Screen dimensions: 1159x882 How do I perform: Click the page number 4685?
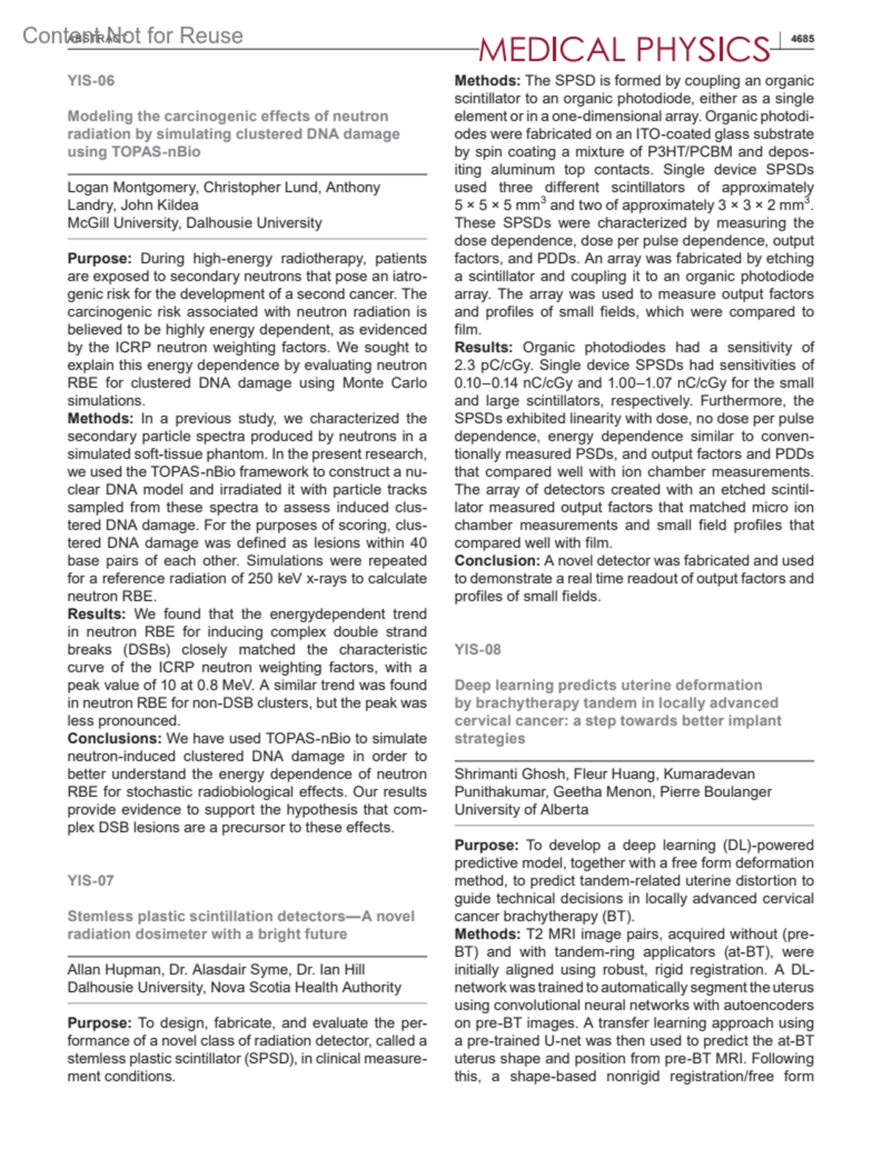coord(802,39)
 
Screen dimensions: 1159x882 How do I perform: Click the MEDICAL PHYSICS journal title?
coord(624,49)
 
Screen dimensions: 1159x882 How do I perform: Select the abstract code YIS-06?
coord(91,81)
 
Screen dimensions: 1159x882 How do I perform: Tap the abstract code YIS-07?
coord(91,881)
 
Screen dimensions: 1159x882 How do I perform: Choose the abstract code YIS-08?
coord(478,649)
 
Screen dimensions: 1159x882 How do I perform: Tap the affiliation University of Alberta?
coord(521,809)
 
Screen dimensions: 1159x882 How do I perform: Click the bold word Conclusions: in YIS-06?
coord(114,738)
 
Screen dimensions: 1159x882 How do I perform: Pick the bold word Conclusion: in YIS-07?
coord(497,560)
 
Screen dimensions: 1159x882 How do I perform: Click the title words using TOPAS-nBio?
coord(134,152)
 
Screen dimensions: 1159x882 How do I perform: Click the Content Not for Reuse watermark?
coord(132,35)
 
